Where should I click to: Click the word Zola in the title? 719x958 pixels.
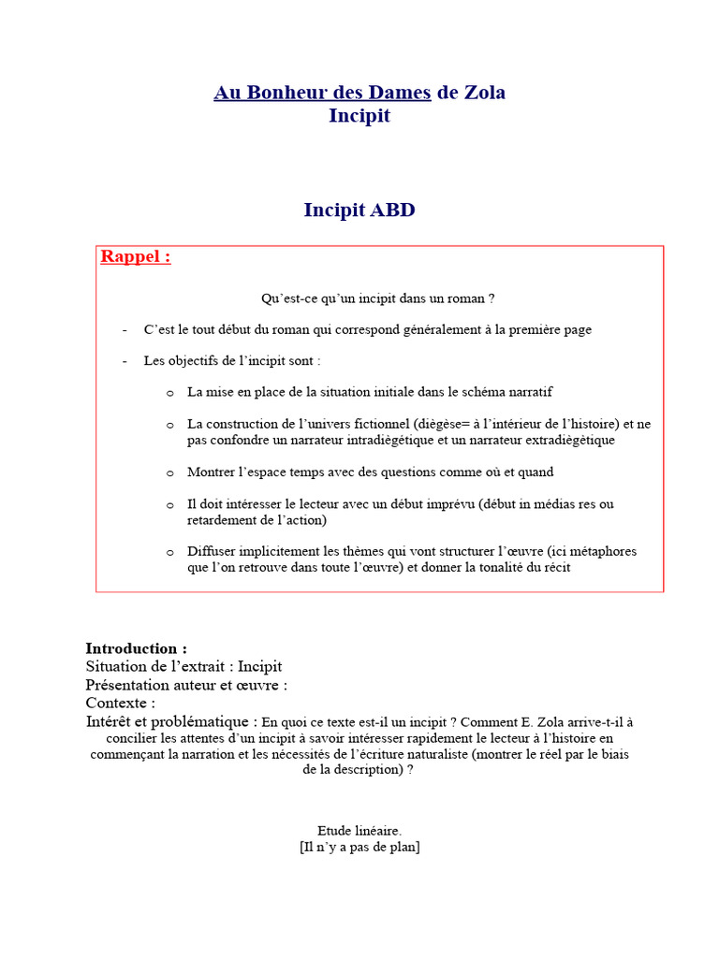(x=484, y=93)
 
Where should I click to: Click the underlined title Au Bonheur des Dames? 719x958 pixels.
(x=322, y=93)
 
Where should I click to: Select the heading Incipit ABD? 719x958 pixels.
(x=359, y=210)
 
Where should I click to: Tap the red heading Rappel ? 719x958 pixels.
(x=136, y=257)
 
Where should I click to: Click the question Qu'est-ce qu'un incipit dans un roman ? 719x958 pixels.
(x=377, y=298)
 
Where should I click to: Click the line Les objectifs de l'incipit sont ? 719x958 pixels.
(x=231, y=360)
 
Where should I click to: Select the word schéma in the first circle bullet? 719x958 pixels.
(x=466, y=392)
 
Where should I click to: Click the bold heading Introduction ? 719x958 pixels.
(x=136, y=648)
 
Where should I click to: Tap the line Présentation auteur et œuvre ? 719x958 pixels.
(x=186, y=685)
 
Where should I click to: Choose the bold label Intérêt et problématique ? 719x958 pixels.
(x=171, y=721)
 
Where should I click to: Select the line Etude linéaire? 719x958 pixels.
(x=359, y=831)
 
